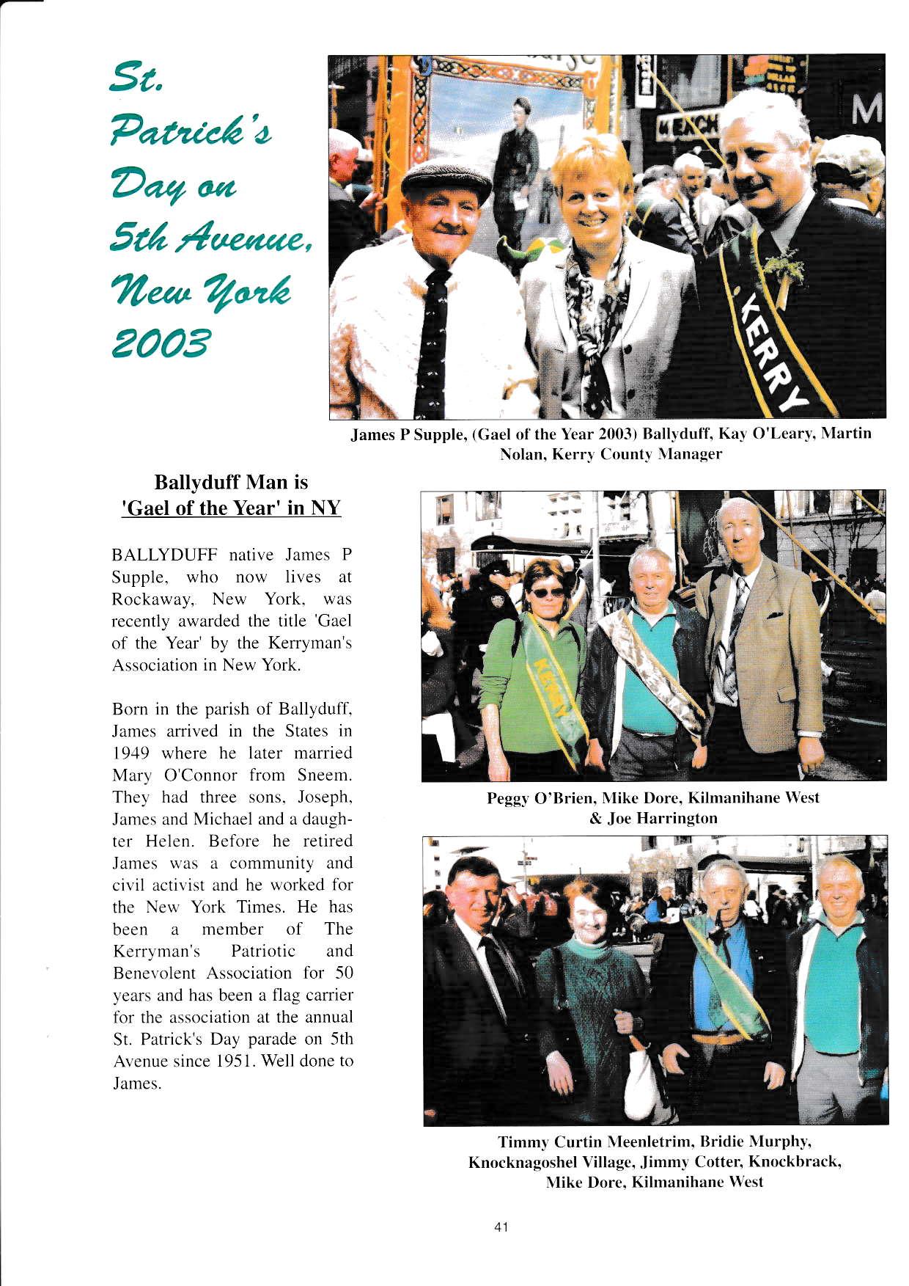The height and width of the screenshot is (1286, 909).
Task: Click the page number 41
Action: pyautogui.click(x=501, y=1227)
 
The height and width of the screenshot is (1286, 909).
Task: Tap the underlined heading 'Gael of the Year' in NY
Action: pyautogui.click(x=231, y=508)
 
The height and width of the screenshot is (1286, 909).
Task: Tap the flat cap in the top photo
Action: pyautogui.click(x=446, y=180)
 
